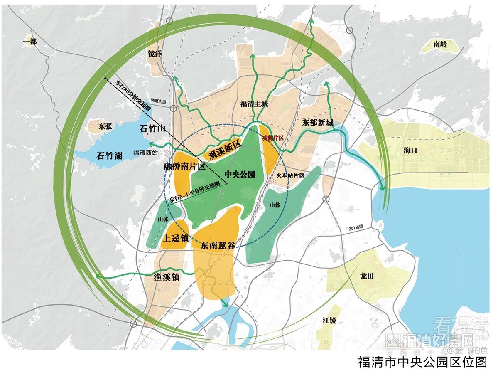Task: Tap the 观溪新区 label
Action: [225, 150]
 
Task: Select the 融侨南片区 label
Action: [185, 166]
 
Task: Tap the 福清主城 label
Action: [254, 104]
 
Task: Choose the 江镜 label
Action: [329, 321]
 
